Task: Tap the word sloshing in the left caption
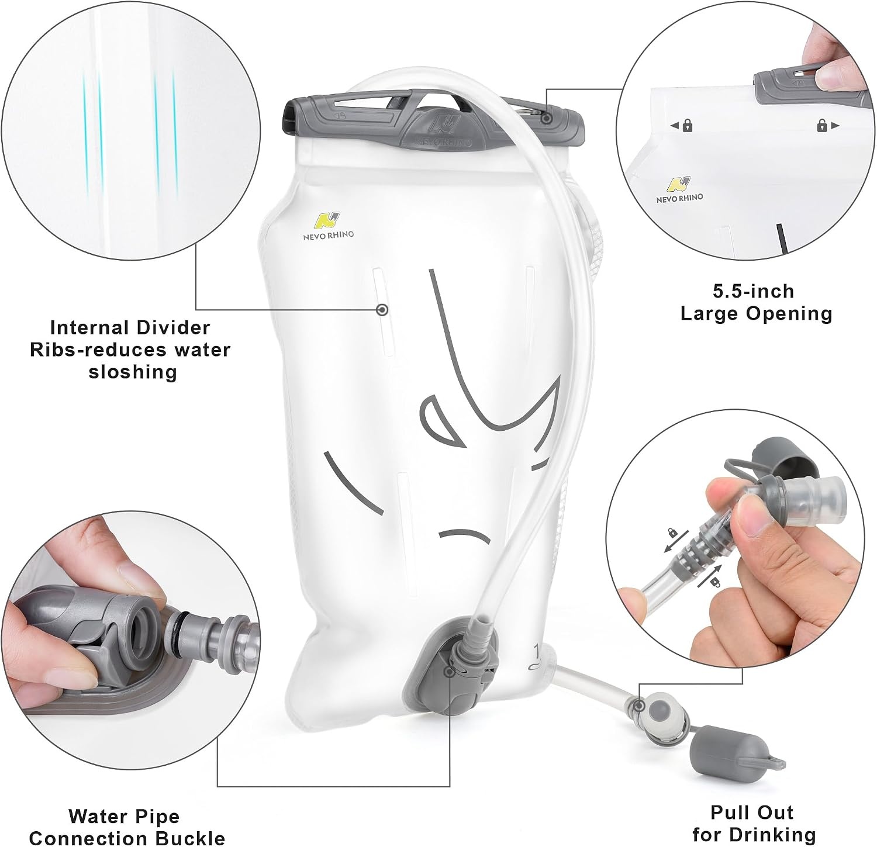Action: coord(133,372)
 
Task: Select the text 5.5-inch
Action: coord(754,291)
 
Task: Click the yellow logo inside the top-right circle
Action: coord(679,184)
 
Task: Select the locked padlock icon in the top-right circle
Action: coord(688,125)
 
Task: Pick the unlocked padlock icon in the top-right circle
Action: coord(822,125)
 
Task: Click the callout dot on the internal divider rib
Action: coord(382,310)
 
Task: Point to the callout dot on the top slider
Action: coord(546,118)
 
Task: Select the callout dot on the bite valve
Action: coord(640,706)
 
